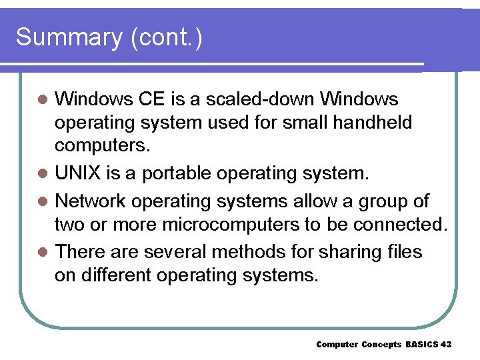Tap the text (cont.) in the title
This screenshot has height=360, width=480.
pos(167,38)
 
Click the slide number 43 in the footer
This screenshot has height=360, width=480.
pos(446,344)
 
